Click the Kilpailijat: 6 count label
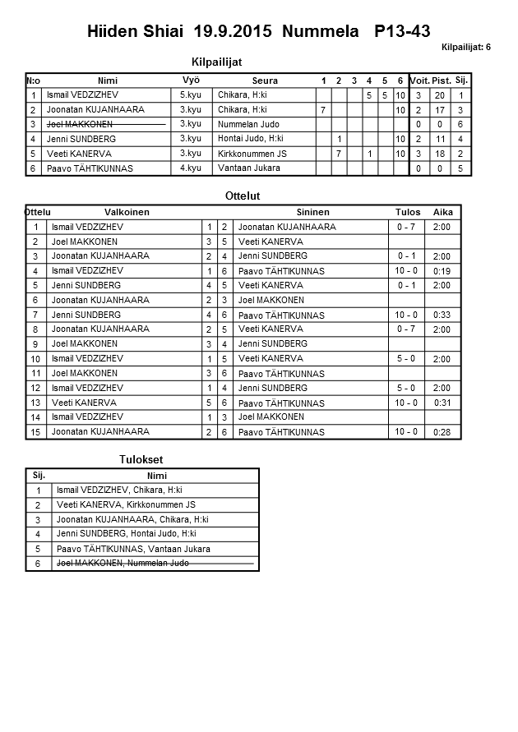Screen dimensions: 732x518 (x=465, y=48)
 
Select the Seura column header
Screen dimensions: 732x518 (x=265, y=81)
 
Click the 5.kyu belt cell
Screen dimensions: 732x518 (x=191, y=95)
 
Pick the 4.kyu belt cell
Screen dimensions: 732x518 (x=191, y=168)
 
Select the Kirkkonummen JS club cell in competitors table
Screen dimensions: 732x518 (x=252, y=154)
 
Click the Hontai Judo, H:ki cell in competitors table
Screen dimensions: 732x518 (x=250, y=139)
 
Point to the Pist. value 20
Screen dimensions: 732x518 (x=440, y=96)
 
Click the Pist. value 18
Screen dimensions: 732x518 (x=440, y=154)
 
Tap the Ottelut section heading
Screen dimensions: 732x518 (x=243, y=196)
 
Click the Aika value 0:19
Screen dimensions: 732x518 (x=442, y=271)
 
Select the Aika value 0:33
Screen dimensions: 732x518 (x=442, y=315)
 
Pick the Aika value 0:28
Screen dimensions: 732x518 (x=442, y=433)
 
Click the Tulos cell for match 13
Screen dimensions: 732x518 (x=406, y=403)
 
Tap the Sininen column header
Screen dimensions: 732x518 (x=312, y=212)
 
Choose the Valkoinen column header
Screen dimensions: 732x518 (x=127, y=212)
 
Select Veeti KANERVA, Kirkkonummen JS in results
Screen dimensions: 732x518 (x=126, y=505)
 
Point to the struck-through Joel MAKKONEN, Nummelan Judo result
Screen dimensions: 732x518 (x=123, y=564)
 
